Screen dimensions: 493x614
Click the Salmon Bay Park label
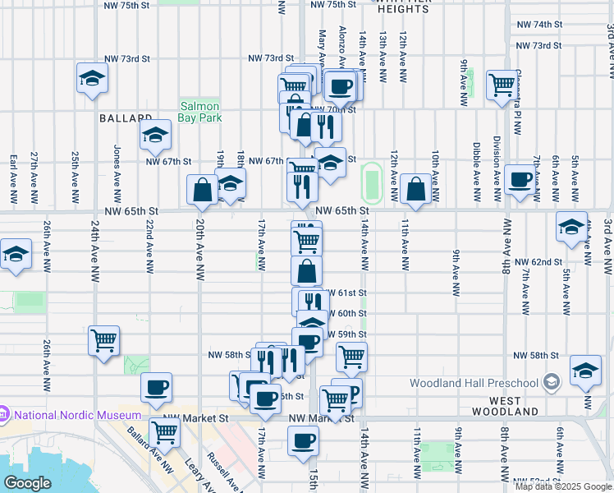tap(199, 113)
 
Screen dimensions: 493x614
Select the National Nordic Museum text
tap(71, 416)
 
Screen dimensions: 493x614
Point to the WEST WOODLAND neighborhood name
tap(504, 411)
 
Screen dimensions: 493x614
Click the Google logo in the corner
tap(27, 483)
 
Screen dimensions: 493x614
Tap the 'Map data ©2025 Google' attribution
tap(563, 486)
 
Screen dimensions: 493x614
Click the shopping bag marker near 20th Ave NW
tap(203, 191)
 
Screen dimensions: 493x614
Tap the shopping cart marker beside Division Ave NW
tap(501, 85)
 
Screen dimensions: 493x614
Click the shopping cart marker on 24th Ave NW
tap(104, 341)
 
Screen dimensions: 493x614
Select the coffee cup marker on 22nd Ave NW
tap(156, 388)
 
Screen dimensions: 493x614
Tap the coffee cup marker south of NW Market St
tap(303, 441)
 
